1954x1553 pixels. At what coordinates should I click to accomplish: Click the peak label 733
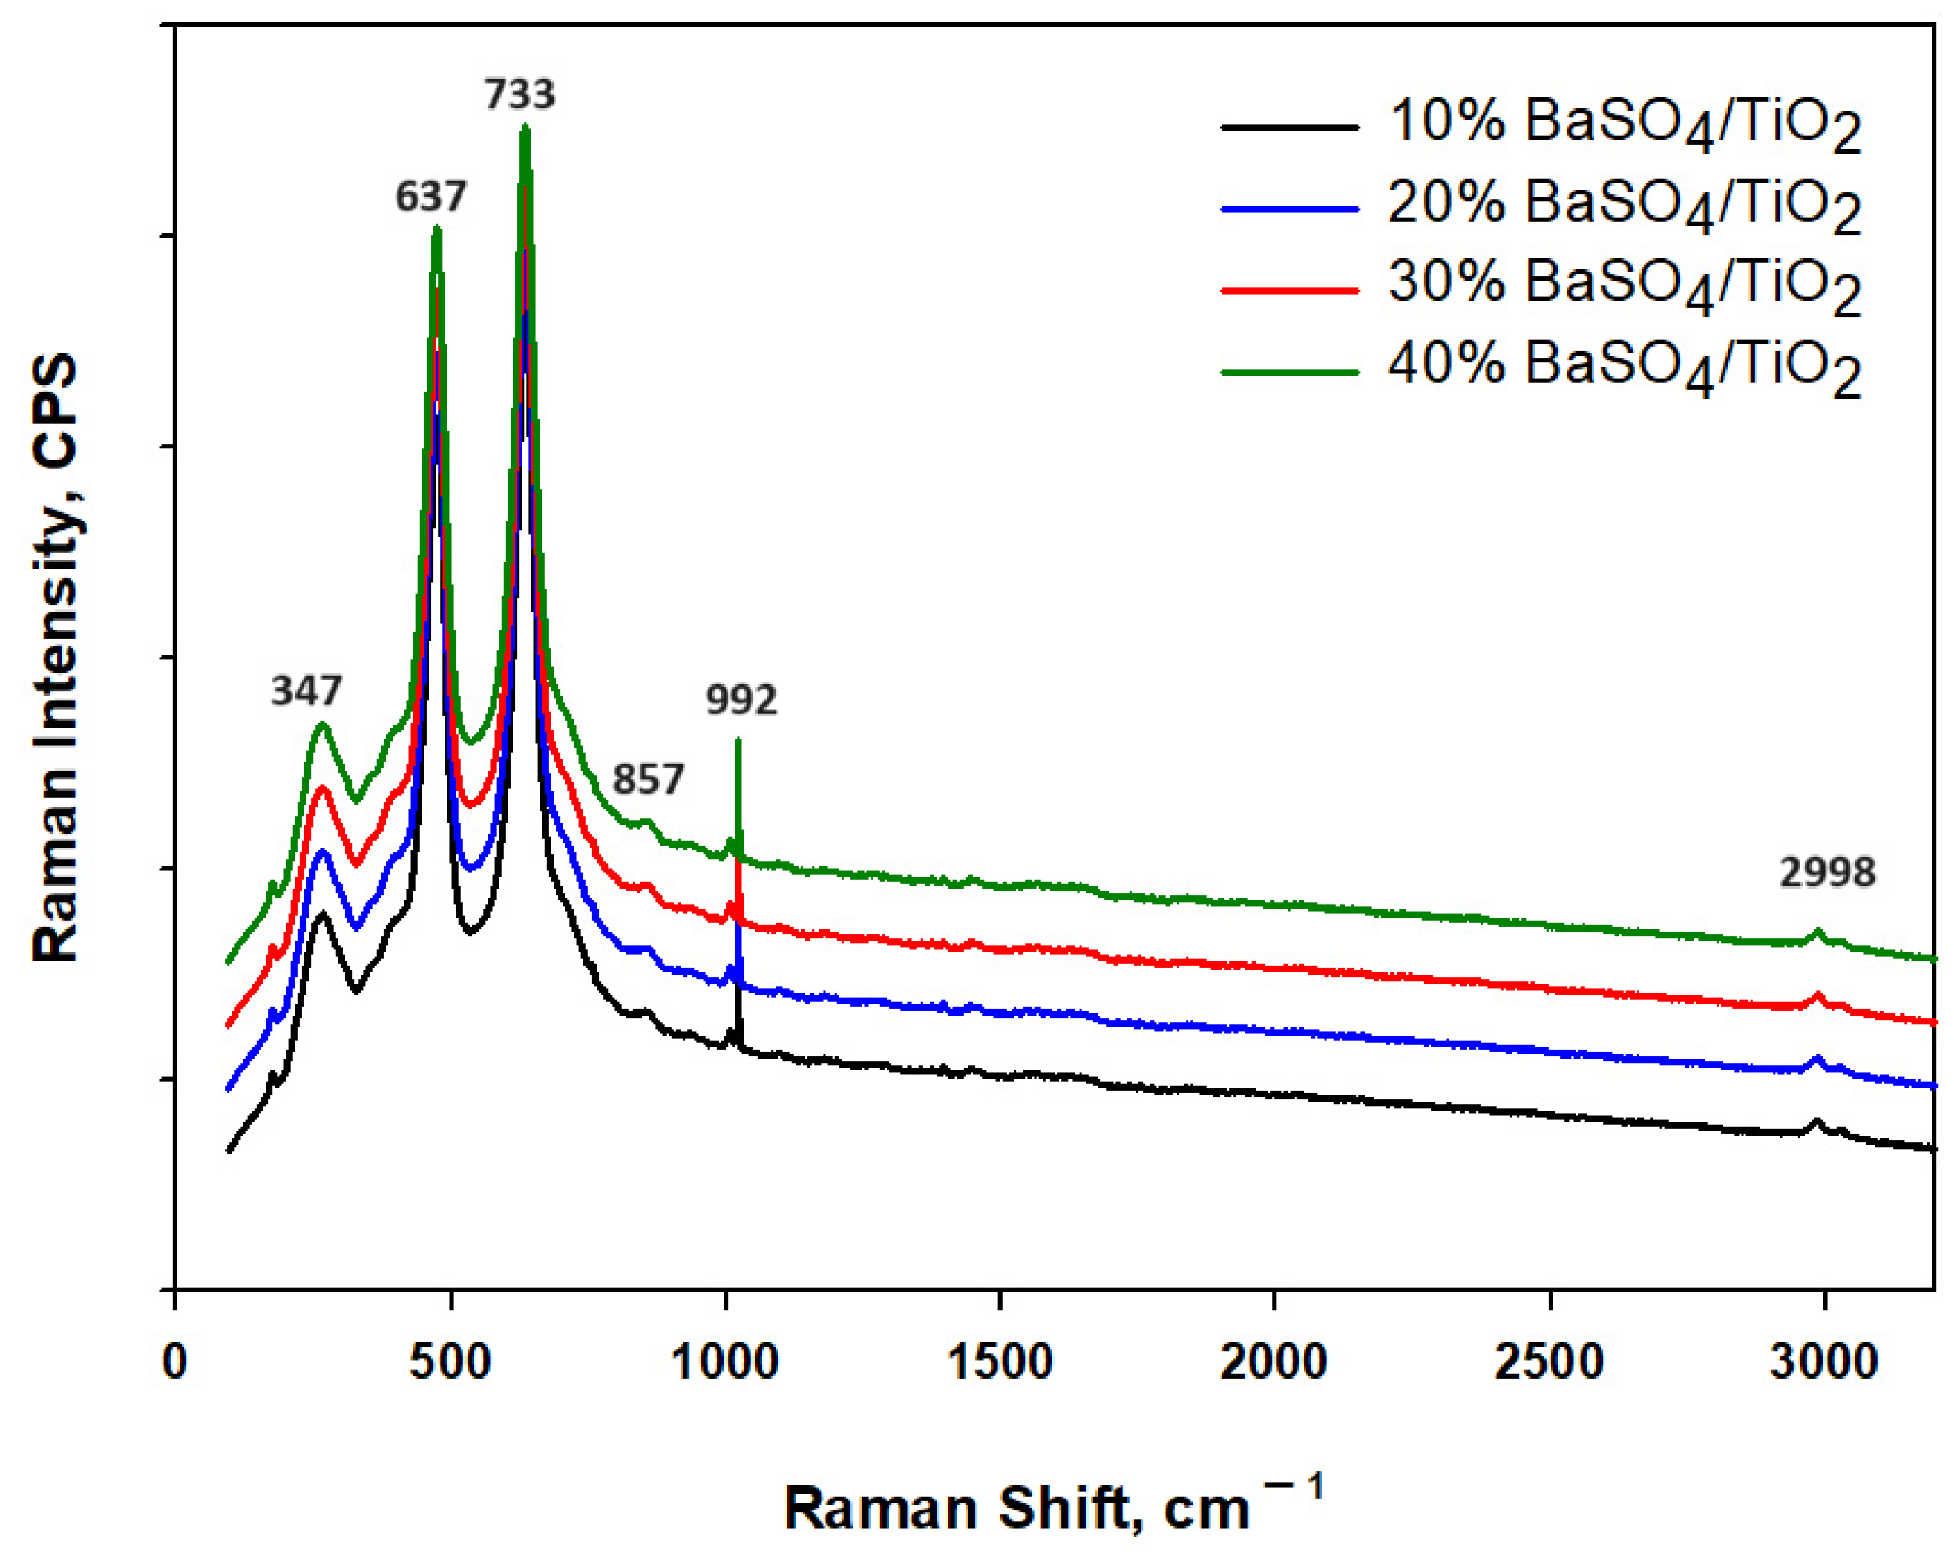(519, 94)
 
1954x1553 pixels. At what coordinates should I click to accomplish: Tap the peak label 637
(430, 196)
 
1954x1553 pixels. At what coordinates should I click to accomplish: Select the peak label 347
(306, 692)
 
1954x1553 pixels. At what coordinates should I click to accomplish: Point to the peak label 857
(647, 779)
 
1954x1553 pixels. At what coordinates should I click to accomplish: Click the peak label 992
(741, 700)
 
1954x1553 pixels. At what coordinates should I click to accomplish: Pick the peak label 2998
(1826, 873)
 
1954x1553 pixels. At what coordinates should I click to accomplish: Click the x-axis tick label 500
(450, 1361)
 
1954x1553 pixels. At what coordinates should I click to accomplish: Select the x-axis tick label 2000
(1273, 1361)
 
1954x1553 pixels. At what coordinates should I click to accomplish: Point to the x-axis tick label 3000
(1823, 1361)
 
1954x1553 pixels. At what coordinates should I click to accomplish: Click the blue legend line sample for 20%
(1291, 209)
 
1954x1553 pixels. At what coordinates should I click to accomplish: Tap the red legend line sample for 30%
(1291, 290)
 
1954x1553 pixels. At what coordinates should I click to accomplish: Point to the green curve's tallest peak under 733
(524, 128)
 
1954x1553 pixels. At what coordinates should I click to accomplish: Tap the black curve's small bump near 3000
(1816, 1122)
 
